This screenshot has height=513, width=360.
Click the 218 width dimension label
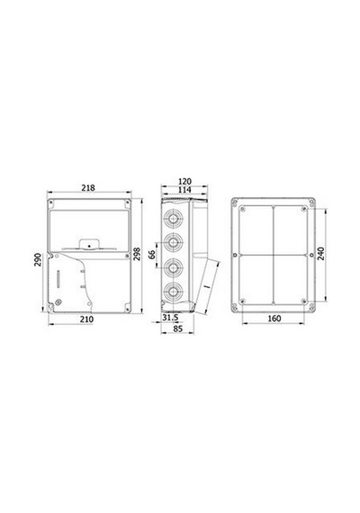tap(88, 188)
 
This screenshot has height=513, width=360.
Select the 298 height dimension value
tap(137, 254)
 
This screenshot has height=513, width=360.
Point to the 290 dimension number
tap(39, 260)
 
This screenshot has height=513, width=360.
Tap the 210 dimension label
tap(86, 319)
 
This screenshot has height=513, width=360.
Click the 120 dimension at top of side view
tap(184, 181)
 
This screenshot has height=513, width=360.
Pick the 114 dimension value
tap(184, 190)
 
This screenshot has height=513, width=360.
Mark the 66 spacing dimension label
tap(152, 254)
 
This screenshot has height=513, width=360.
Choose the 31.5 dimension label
tap(170, 317)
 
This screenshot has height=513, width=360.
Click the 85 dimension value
tap(177, 328)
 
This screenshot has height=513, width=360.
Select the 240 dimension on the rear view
tap(320, 254)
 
